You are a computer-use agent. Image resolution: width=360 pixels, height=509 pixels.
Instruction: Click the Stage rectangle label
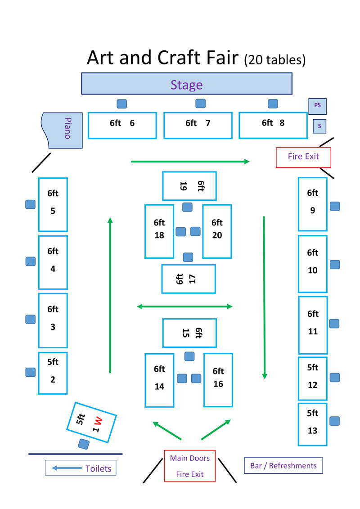186,84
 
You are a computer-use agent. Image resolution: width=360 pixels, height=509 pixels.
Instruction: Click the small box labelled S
319,126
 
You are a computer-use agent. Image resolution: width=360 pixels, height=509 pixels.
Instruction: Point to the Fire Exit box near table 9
303,157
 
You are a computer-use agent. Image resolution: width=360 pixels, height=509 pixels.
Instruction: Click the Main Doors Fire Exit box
189,466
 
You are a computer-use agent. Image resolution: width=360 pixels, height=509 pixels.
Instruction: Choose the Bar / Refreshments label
283,466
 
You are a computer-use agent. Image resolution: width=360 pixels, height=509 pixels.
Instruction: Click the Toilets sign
81,468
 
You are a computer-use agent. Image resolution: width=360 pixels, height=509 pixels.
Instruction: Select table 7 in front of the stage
198,125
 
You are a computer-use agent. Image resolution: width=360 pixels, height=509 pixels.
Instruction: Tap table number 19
189,186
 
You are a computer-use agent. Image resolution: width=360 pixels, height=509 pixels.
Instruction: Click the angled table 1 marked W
91,422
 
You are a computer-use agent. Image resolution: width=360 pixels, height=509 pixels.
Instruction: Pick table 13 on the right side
312,424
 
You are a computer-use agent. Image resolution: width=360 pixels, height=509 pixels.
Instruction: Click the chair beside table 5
30,204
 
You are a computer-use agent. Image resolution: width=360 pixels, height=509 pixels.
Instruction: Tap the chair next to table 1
84,444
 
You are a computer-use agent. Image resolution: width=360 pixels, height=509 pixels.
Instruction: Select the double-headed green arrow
184,306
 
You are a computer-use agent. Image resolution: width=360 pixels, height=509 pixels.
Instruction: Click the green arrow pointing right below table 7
190,161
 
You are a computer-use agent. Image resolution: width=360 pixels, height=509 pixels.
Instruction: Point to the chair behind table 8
273,104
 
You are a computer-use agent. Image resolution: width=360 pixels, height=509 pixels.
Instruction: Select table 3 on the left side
53,320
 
